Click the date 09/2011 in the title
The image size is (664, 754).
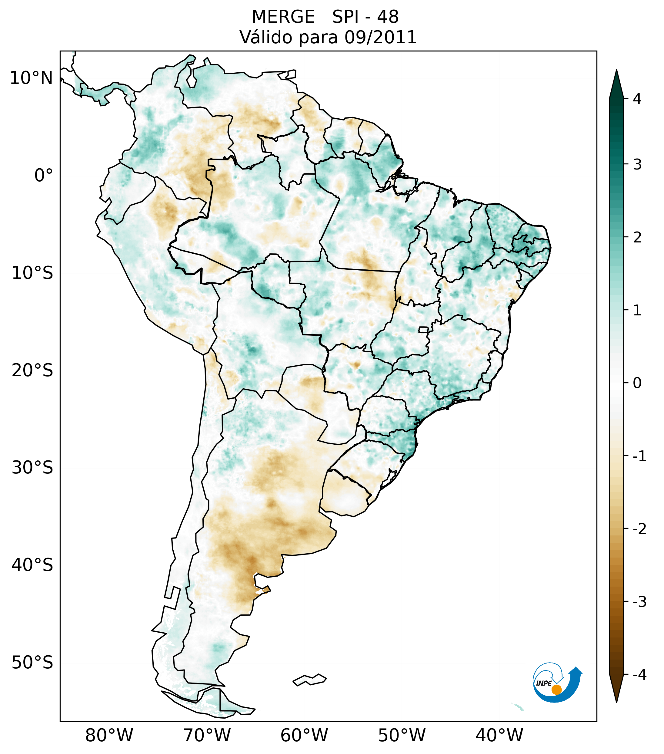coord(380,37)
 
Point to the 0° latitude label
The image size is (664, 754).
coord(44,176)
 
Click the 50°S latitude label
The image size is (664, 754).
coord(32,663)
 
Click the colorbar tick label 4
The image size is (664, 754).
coord(637,99)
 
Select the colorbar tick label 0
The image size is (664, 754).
coord(637,383)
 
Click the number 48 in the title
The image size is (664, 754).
coord(388,17)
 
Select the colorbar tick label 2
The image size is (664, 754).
coord(637,238)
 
